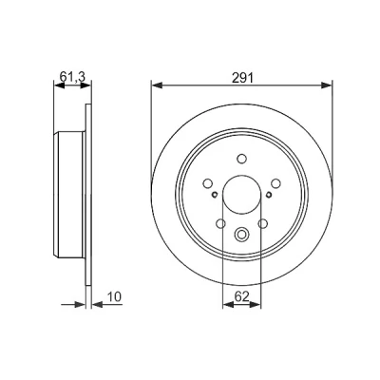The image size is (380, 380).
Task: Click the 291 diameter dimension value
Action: coord(242,78)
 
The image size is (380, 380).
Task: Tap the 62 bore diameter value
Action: coord(241,296)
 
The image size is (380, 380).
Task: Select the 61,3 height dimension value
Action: coord(72,77)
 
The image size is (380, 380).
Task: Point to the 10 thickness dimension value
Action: coord(114,296)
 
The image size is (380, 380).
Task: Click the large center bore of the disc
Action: coord(242,194)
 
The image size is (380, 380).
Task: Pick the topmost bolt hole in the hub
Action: coord(242,159)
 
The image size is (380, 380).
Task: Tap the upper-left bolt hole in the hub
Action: coord(208,183)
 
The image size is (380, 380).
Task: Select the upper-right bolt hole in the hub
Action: coord(276,183)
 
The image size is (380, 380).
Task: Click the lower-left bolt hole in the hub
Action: coord(220,223)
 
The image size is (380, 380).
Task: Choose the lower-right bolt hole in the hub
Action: coord(263,223)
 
